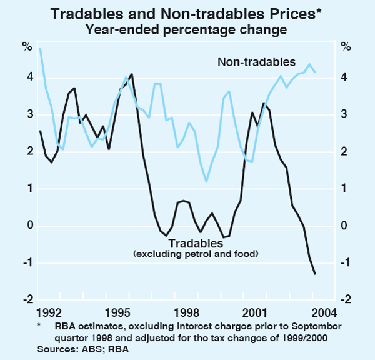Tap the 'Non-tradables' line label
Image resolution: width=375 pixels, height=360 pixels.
point(256,62)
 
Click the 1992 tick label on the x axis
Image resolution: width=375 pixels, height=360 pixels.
point(51,312)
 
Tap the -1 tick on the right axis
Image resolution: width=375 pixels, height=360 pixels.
point(347,263)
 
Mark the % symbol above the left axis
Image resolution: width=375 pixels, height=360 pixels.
point(27,46)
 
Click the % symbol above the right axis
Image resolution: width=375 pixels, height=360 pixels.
point(346,46)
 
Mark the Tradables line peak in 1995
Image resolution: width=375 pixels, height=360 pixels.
point(131,74)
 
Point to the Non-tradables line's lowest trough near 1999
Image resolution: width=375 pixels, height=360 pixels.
point(206,181)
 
